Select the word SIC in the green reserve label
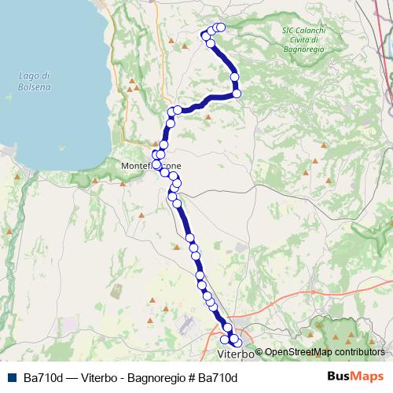click(287, 30)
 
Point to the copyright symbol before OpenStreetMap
click(259, 352)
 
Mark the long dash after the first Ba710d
click(73, 376)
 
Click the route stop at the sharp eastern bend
click(237, 94)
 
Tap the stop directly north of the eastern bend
click(234, 76)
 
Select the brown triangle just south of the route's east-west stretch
click(208, 118)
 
